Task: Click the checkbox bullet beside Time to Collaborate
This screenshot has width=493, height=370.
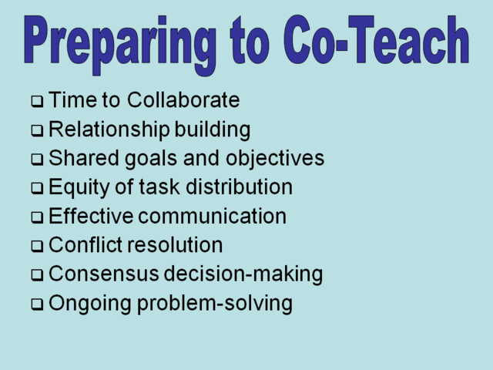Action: tap(37, 102)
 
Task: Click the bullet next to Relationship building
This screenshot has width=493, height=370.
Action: tap(37, 131)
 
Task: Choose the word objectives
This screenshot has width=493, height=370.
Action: tap(275, 160)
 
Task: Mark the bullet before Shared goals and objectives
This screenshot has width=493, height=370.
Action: tap(37, 160)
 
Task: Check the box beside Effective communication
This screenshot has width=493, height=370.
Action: tap(37, 218)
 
